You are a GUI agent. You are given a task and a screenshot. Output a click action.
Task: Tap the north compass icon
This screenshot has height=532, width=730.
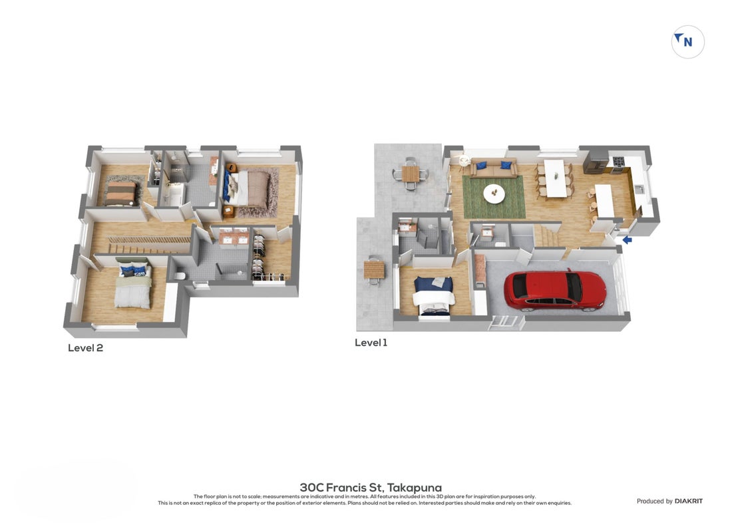coord(687,42)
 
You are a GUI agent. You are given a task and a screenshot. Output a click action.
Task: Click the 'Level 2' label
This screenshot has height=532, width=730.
coord(85,348)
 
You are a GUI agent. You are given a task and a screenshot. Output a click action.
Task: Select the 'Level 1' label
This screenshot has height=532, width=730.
coord(371,343)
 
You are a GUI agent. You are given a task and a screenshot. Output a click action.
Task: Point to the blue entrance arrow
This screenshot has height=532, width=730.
coord(627,239)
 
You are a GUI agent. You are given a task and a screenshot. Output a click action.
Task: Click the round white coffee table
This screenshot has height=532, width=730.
coord(494,194)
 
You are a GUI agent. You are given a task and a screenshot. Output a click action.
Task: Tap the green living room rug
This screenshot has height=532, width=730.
coord(494,197)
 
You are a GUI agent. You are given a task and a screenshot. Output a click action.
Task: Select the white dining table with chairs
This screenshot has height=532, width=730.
coord(556,179)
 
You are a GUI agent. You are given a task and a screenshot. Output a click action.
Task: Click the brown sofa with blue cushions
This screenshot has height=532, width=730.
coord(493,168)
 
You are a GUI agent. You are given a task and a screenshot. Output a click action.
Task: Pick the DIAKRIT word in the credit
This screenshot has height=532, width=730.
coord(689,501)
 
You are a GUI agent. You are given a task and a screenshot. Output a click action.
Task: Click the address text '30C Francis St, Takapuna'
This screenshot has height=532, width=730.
coord(371,487)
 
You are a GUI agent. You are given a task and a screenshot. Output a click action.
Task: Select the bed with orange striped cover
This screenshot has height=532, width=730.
coord(120,193)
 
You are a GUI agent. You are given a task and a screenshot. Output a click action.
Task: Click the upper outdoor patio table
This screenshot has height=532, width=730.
coord(410,174)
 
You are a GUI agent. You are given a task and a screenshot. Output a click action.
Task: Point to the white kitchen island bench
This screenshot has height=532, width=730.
coord(605,201)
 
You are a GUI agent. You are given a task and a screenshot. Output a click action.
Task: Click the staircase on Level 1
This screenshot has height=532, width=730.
coord(548,236)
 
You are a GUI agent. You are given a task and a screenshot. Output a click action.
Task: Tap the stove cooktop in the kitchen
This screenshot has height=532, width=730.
coord(618,162)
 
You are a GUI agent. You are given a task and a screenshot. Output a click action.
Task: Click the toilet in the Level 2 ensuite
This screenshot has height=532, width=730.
coord(179,275)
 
